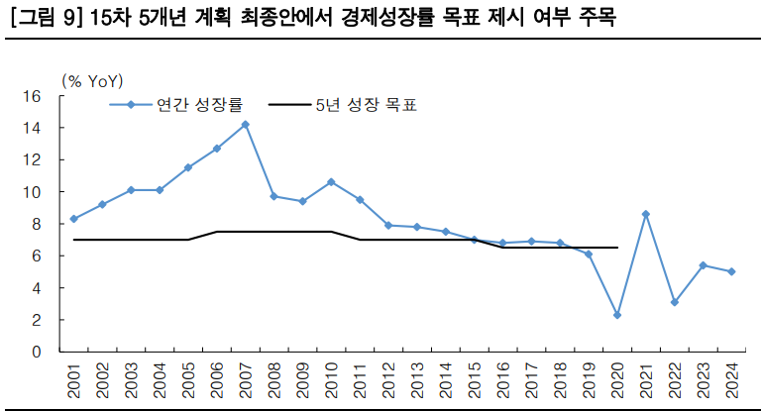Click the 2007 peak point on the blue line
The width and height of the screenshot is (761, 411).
click(x=245, y=125)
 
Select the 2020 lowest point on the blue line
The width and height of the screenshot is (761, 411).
click(x=617, y=315)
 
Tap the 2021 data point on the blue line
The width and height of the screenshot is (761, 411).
click(x=646, y=214)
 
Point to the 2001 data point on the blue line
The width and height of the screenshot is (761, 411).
click(x=73, y=219)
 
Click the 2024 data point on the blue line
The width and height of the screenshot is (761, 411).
click(x=731, y=271)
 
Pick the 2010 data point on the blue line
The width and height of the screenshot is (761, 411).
click(x=331, y=182)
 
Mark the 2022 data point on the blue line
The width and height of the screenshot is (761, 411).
click(x=675, y=302)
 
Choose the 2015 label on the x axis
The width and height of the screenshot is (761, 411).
click(x=475, y=380)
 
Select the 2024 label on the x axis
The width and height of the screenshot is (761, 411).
click(x=732, y=380)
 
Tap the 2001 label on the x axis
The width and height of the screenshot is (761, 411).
click(x=74, y=380)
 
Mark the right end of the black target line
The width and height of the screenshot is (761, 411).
click(x=617, y=248)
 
